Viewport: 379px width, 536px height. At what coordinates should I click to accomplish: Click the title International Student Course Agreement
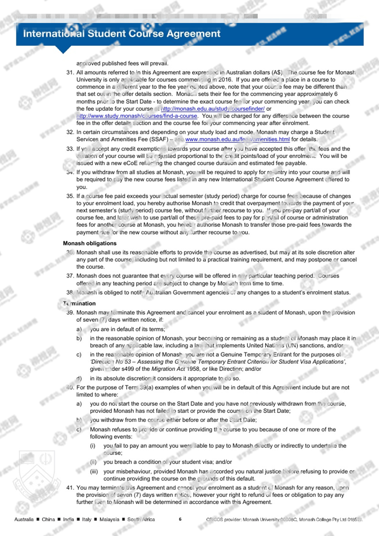(122, 34)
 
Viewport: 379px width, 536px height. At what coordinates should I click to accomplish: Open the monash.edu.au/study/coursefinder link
(213, 109)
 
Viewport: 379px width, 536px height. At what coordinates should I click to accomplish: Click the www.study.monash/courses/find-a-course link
(137, 116)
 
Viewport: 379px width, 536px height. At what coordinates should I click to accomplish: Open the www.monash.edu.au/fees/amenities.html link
(237, 139)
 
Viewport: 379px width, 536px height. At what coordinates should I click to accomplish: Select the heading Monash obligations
(90, 243)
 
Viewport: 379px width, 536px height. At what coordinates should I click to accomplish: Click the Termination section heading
(79, 303)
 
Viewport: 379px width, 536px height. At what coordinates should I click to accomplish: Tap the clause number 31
(70, 73)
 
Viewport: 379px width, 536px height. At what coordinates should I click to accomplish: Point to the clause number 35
(70, 196)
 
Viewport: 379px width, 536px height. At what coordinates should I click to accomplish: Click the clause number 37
(70, 276)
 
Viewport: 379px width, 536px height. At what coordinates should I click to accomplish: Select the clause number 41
(70, 488)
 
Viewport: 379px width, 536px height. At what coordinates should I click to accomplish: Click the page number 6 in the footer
(180, 519)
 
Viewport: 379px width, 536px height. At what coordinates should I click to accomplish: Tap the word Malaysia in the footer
(109, 519)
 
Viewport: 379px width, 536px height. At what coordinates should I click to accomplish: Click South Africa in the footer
(141, 519)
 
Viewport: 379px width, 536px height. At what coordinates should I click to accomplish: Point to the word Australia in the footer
(24, 519)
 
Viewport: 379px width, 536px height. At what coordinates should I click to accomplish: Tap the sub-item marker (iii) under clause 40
(94, 472)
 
